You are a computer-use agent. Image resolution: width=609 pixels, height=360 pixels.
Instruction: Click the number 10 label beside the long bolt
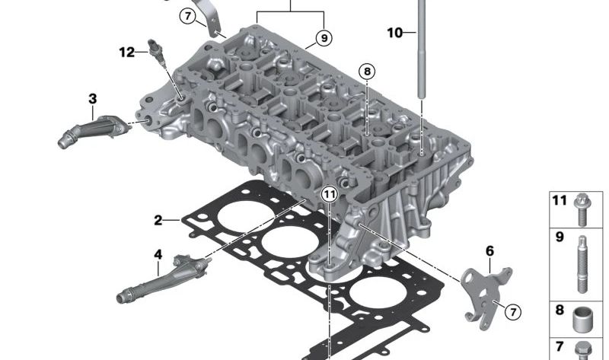click(394, 33)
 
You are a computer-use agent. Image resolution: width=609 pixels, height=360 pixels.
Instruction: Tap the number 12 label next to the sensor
click(126, 52)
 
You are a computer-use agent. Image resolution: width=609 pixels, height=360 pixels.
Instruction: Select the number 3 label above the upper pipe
click(93, 98)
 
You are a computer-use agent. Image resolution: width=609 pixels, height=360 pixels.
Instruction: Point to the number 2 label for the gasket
click(158, 221)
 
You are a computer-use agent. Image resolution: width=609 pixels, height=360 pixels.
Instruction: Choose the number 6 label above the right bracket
click(489, 250)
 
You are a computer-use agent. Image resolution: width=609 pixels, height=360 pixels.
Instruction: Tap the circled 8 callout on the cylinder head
click(367, 72)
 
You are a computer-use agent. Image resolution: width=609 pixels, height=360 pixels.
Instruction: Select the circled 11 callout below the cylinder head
click(328, 195)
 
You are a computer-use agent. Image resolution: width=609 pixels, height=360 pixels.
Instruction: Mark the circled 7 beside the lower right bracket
click(512, 311)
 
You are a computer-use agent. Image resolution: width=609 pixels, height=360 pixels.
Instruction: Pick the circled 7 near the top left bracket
click(187, 15)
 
